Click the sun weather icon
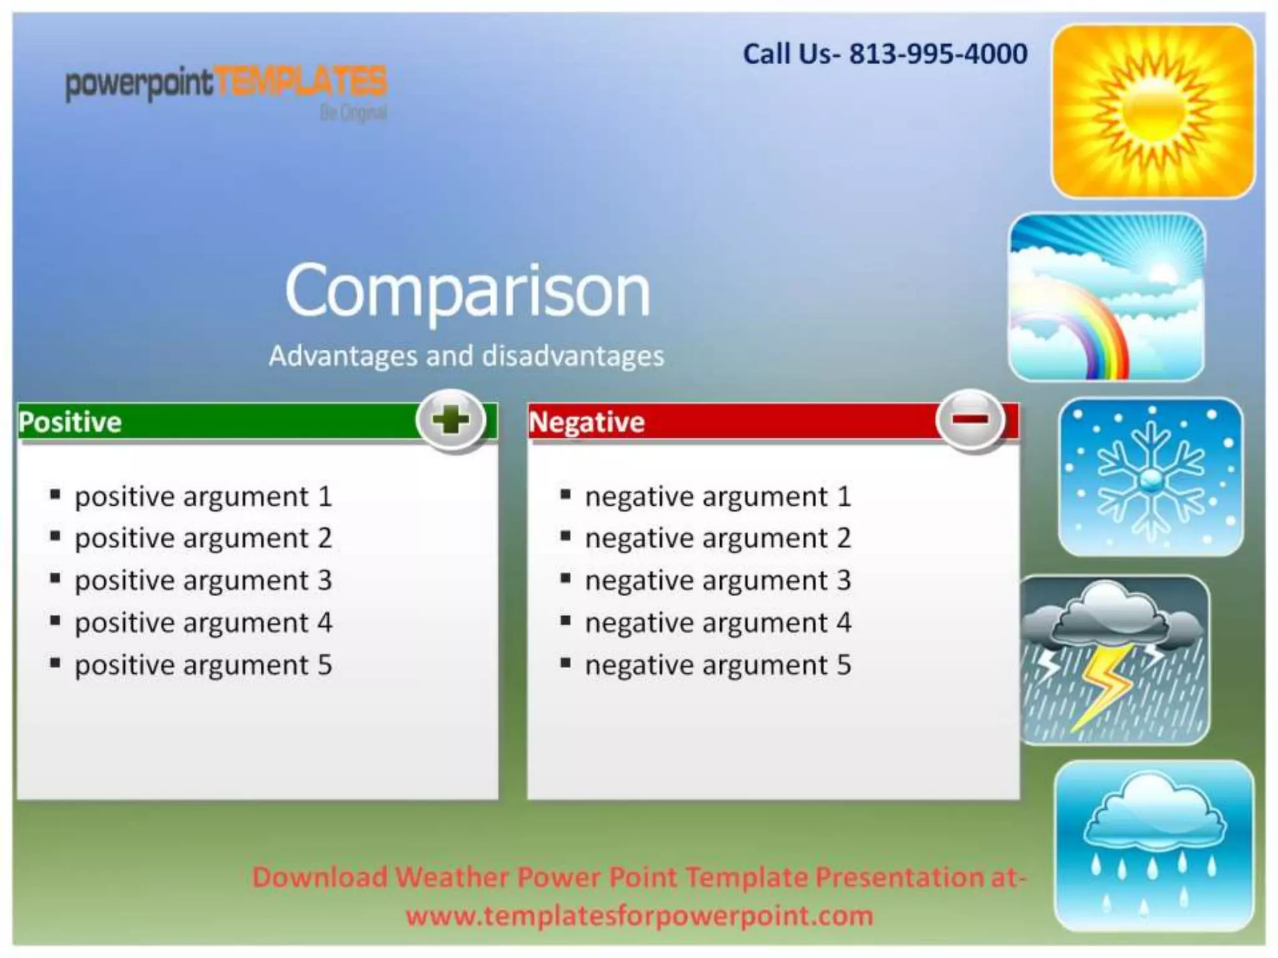1153,111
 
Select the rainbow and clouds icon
1106,297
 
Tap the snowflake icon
1150,477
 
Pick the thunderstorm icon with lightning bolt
1115,660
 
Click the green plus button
451,420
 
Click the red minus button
970,420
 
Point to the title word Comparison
467,291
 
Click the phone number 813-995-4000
938,54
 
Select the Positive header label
70,422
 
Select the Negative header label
586,422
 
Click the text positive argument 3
203,581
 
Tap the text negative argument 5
718,665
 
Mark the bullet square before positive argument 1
56,495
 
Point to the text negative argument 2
718,538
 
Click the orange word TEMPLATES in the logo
301,83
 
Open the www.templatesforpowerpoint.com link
639,916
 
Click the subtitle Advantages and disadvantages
466,356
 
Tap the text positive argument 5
203,665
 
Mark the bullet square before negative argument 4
565,621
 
